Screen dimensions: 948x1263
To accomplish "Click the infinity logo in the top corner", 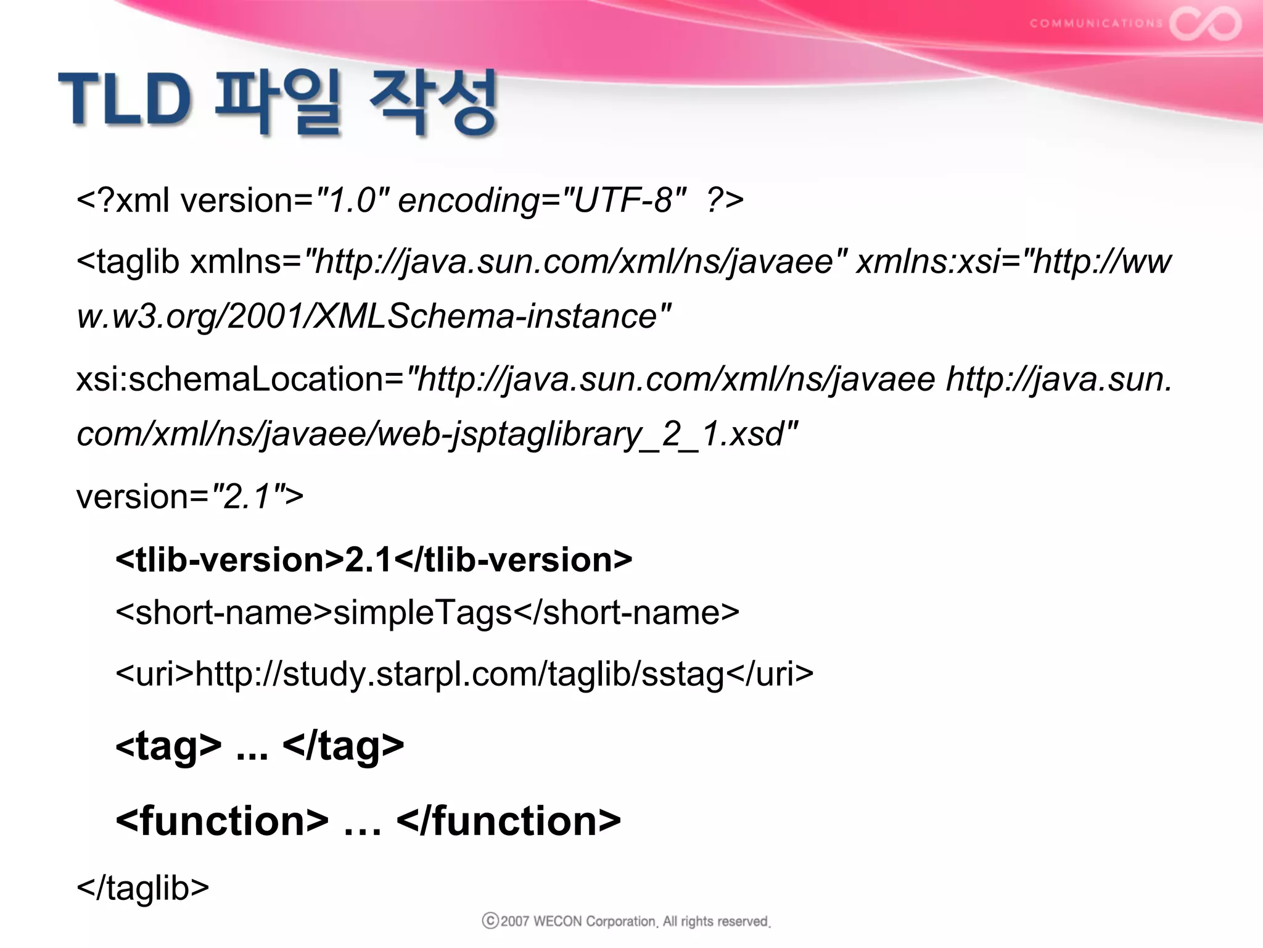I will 1205,23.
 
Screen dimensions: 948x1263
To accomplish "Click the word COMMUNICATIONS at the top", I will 1096,23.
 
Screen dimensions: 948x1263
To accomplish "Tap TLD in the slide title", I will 125,99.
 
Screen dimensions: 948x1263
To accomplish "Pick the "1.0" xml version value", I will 352,201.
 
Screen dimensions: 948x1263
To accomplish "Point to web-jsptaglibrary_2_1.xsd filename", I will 580,434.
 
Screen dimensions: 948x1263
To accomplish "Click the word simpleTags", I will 423,613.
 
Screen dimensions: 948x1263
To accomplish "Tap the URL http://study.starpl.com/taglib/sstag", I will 459,673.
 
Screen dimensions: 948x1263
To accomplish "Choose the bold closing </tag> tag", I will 343,746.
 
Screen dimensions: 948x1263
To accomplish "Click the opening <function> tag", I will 222,821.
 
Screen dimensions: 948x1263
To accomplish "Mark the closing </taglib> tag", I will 143,888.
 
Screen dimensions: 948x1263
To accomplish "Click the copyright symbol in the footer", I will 490,921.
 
